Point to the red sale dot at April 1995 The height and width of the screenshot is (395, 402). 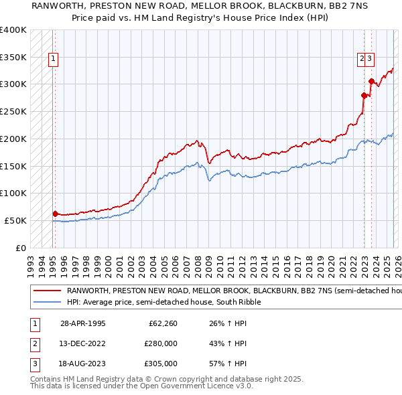(x=55, y=214)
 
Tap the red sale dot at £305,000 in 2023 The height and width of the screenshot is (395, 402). (x=371, y=82)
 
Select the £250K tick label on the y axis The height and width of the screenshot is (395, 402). (x=13, y=112)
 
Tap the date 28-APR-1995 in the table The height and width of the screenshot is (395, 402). (x=82, y=323)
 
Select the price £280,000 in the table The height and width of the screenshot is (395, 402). (x=161, y=343)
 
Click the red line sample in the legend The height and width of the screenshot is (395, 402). (x=47, y=291)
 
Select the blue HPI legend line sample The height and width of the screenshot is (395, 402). (x=47, y=303)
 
